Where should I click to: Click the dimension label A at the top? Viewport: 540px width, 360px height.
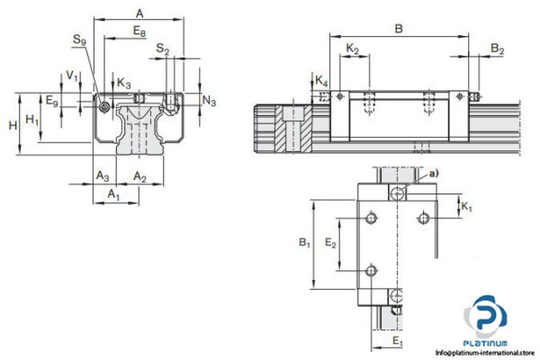click(x=139, y=13)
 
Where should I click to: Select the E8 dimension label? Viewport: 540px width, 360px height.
click(x=139, y=31)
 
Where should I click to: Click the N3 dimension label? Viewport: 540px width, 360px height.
click(x=209, y=101)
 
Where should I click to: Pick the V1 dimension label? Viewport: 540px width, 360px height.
click(x=72, y=76)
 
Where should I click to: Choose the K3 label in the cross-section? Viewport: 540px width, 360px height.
click(x=123, y=84)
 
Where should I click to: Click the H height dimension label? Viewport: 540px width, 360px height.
click(x=12, y=124)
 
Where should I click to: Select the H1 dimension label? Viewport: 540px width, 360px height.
click(x=33, y=118)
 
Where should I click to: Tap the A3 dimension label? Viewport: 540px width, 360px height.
click(x=103, y=176)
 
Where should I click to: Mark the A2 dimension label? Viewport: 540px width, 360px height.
click(x=139, y=176)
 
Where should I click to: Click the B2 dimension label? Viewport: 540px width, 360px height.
click(x=497, y=49)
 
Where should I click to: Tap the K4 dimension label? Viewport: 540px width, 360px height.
click(x=323, y=84)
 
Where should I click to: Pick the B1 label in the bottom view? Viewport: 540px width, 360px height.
click(x=303, y=242)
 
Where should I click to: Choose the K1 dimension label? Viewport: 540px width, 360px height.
click(x=466, y=208)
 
